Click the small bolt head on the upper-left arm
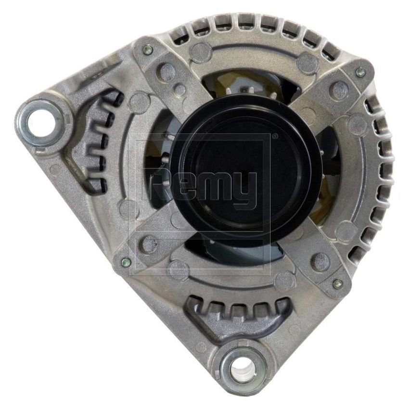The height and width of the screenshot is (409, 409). click(148, 49)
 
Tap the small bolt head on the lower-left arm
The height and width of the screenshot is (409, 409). click(126, 262)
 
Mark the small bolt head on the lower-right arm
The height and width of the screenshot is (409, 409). click(337, 284)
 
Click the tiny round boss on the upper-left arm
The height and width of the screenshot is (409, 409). click(179, 89)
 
